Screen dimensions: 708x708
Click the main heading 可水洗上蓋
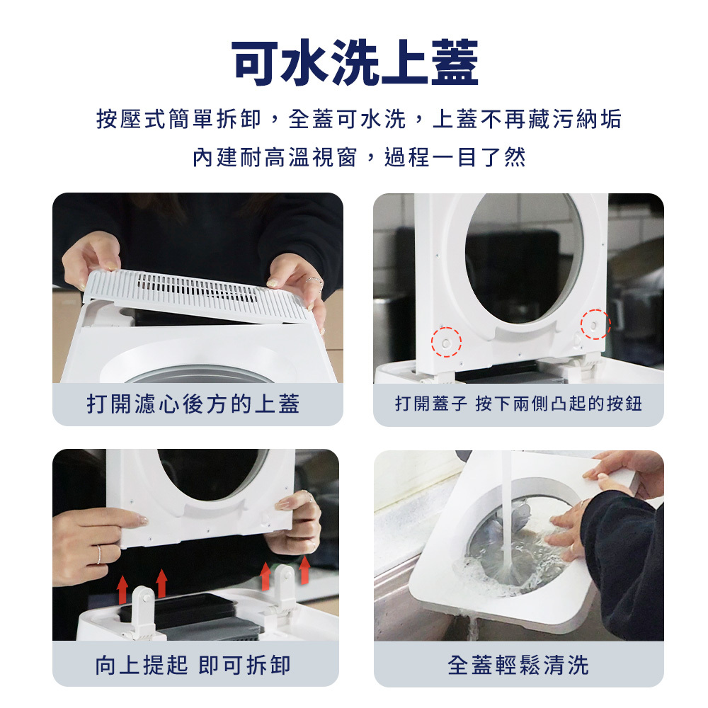[x=355, y=62]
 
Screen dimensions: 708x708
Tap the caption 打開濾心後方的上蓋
[x=193, y=404]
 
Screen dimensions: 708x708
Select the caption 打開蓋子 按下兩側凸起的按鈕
[x=518, y=404]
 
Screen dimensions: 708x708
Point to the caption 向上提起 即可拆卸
[x=193, y=665]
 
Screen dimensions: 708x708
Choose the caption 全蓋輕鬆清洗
[x=518, y=665]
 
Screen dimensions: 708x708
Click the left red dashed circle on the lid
[x=446, y=342]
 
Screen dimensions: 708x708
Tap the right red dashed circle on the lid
[x=595, y=324]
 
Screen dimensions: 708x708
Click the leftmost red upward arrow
[x=122, y=590]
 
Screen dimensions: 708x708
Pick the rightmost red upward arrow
[x=304, y=570]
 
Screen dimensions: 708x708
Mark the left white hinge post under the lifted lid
[x=144, y=610]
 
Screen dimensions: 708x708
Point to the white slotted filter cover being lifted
[x=199, y=294]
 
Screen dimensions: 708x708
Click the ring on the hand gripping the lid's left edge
[x=99, y=554]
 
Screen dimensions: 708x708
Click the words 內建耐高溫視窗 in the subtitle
[x=275, y=157]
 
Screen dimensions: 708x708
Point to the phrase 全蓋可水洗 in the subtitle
[x=347, y=119]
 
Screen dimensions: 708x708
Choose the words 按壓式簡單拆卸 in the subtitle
[x=179, y=119]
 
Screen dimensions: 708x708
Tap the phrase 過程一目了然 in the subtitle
[x=455, y=157]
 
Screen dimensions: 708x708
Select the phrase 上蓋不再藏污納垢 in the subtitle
[x=527, y=119]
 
